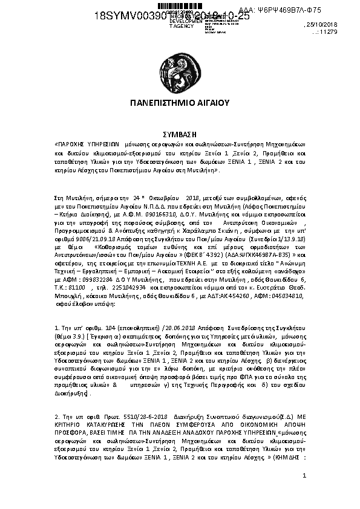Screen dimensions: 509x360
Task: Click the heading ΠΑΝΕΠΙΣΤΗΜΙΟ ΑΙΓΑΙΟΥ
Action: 180,103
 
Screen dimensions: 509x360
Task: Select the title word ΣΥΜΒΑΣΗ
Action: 180,134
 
